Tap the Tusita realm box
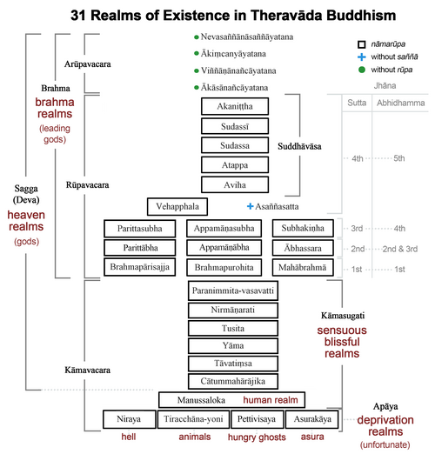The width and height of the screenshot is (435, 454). coord(232,327)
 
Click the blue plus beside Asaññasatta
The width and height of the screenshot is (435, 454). coord(251,206)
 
